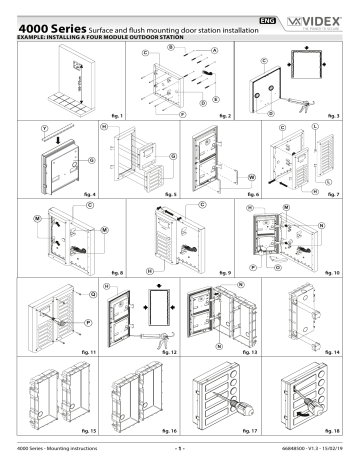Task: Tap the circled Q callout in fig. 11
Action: point(65,293)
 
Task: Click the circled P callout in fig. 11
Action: point(65,323)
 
